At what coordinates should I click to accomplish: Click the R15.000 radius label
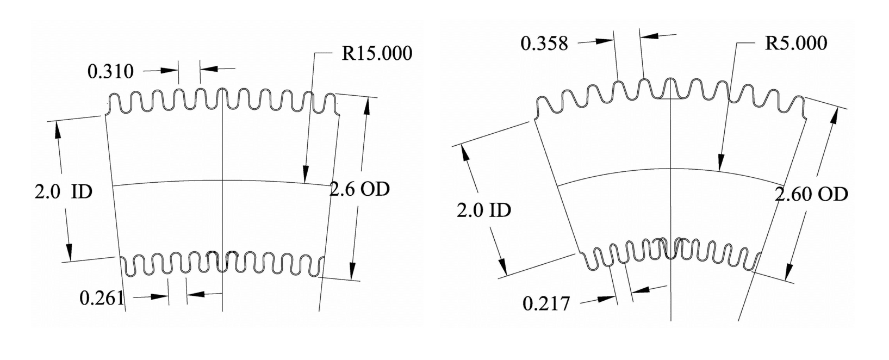tap(376, 53)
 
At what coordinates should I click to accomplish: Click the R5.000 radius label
tap(795, 43)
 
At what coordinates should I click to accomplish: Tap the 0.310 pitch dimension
tap(110, 71)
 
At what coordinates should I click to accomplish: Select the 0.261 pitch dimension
tap(102, 297)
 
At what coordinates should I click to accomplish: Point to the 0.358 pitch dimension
tap(544, 43)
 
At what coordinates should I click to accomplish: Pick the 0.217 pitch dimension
tap(546, 303)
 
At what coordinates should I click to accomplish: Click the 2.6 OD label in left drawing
tap(360, 189)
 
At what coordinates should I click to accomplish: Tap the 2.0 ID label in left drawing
tap(64, 191)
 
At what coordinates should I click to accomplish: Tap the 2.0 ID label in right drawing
tap(483, 210)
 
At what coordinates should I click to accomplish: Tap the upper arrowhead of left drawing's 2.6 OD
tap(367, 107)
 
